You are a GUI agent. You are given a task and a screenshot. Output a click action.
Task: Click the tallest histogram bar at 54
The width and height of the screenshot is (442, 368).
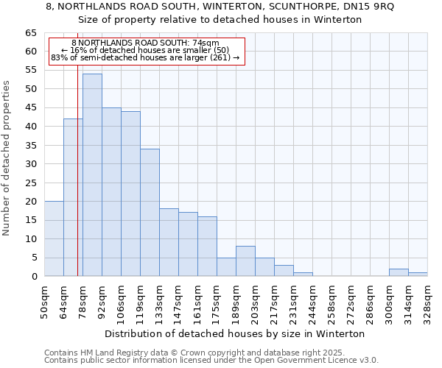92,175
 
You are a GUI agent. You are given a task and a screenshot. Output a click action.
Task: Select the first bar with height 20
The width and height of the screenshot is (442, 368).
54,238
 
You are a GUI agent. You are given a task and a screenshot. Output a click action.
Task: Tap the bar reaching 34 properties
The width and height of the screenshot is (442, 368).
150,213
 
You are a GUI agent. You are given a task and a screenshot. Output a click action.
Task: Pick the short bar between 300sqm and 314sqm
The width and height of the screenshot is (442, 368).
399,272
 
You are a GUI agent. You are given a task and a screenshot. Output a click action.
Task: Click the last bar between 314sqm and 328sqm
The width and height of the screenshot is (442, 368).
418,275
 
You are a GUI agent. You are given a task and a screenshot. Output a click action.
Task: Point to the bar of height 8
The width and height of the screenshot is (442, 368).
245,261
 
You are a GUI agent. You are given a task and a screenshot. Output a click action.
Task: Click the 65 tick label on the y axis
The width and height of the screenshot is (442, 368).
31,33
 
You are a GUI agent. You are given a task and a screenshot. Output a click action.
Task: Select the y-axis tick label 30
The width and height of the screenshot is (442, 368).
31,164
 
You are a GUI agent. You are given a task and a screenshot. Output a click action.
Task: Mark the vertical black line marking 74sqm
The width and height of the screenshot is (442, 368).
77,184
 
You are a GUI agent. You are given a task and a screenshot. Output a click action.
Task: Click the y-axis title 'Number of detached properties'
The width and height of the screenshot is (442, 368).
7,158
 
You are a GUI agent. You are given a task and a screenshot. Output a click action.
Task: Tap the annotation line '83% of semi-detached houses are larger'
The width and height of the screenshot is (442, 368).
145,57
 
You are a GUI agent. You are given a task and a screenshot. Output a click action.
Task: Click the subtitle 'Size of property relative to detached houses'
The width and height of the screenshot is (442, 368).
220,20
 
